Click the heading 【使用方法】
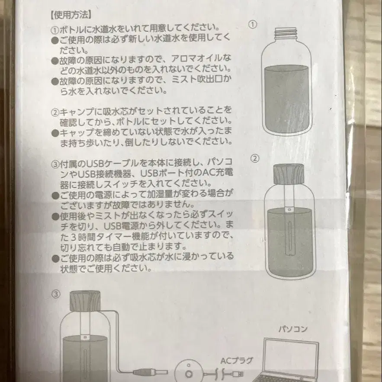pos(71,14)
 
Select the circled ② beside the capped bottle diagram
pos(255,158)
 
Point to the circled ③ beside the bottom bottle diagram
pos(56,294)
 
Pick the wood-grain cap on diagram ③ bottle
pos(85,299)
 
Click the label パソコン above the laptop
pos(293,329)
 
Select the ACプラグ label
pos(237,360)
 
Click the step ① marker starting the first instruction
pos(55,30)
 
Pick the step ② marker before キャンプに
pos(55,112)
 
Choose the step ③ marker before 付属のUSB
pos(55,164)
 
